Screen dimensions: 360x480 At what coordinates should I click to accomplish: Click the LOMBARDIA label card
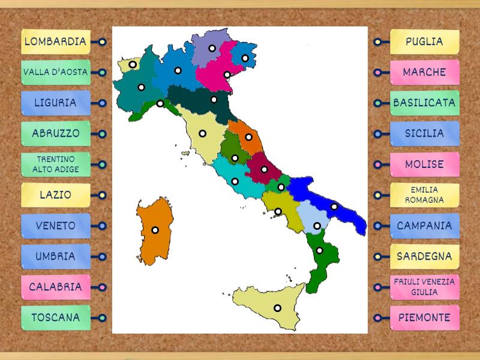(56, 42)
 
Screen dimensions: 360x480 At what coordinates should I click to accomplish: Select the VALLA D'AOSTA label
(56, 73)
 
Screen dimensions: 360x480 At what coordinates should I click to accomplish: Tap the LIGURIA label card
(56, 103)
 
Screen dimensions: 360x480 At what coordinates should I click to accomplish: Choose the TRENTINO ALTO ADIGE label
(56, 164)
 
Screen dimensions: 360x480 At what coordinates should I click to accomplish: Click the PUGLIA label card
(424, 42)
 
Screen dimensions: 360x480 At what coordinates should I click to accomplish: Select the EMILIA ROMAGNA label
(424, 195)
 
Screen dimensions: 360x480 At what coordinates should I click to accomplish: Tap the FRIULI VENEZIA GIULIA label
(424, 287)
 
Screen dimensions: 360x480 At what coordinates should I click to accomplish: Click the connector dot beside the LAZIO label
(103, 195)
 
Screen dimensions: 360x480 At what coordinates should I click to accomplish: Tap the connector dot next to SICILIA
(377, 134)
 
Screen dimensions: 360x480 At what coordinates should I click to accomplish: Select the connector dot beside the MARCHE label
(377, 73)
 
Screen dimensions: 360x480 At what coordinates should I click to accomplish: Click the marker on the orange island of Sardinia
(155, 230)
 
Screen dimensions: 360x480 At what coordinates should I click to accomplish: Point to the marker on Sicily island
(277, 308)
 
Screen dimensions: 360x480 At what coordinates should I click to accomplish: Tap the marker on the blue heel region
(334, 207)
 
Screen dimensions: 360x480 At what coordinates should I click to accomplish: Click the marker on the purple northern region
(212, 48)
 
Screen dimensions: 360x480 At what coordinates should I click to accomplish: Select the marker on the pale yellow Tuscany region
(203, 133)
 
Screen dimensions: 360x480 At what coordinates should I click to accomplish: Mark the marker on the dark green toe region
(320, 250)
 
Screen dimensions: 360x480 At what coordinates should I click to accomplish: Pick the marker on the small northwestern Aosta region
(133, 64)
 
